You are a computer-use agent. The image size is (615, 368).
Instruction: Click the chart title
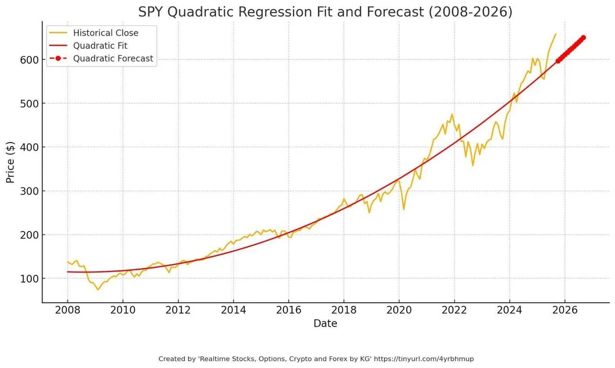point(325,12)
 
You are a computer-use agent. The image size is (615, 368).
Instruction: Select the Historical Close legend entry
point(106,33)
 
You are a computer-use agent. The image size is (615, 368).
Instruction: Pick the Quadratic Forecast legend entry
point(113,58)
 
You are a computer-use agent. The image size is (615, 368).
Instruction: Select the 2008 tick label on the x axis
point(68,311)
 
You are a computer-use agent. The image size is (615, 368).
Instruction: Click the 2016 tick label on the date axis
point(289,311)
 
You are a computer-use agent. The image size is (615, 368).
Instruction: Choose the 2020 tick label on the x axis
point(399,311)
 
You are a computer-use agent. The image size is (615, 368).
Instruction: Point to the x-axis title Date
point(325,323)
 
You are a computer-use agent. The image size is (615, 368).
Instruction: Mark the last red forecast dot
point(583,37)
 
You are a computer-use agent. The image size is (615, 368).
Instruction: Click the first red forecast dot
point(558,61)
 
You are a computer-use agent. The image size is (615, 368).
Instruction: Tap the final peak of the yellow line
point(556,34)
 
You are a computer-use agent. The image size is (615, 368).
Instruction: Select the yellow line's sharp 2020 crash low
point(404,209)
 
